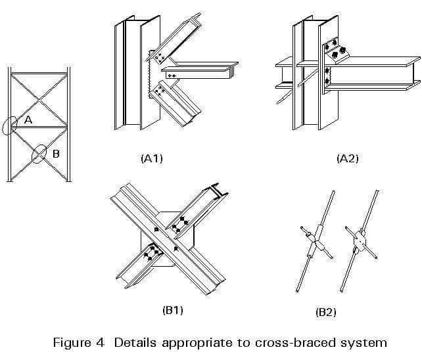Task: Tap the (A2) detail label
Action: coord(346,158)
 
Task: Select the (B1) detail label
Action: coord(172,309)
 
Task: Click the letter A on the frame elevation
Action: coord(28,120)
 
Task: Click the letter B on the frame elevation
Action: coord(56,154)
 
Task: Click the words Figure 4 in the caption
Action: coord(82,342)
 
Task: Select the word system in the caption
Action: coord(366,343)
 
